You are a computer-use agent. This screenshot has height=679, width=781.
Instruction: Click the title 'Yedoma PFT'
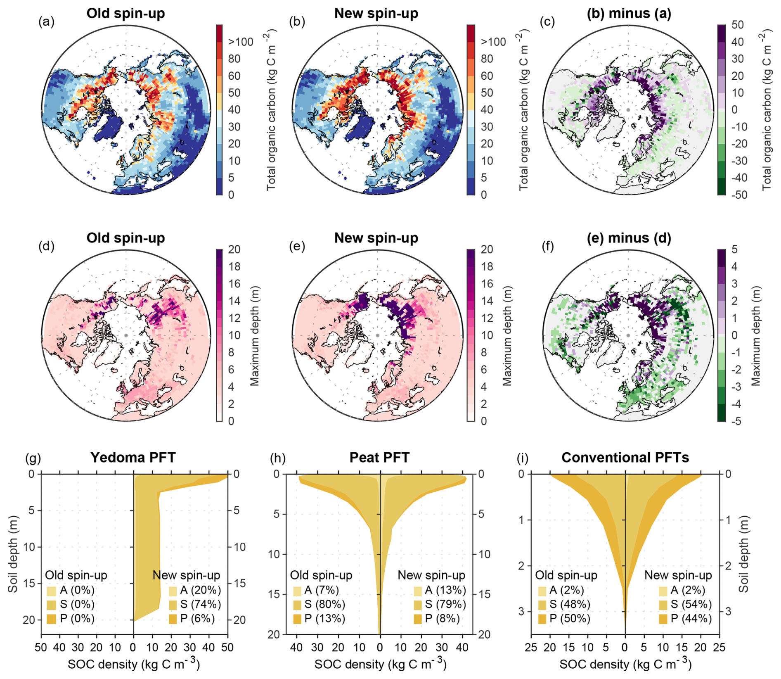click(x=133, y=458)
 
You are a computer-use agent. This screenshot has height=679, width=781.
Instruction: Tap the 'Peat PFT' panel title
click(x=379, y=458)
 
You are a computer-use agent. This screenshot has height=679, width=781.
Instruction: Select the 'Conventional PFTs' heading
click(x=625, y=458)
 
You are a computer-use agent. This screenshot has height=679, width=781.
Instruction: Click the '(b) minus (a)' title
click(x=629, y=14)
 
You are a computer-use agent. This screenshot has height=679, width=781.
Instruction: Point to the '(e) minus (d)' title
click(x=629, y=238)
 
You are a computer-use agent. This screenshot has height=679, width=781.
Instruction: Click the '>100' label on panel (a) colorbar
click(x=241, y=42)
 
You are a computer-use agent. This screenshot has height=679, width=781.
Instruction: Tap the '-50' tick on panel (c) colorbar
click(x=738, y=195)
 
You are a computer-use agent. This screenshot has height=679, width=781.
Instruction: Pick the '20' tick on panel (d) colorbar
click(x=234, y=249)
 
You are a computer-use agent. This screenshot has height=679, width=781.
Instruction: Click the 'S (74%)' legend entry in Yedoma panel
click(x=195, y=605)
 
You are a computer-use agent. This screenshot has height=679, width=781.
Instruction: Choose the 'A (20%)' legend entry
click(x=195, y=591)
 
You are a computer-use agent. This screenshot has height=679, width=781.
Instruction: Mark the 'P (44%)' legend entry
click(x=685, y=619)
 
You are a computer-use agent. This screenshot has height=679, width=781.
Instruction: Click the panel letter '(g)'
click(x=33, y=458)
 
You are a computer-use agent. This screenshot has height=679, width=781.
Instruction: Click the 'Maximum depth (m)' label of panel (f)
click(x=756, y=336)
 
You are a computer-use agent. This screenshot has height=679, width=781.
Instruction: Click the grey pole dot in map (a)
click(x=126, y=110)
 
